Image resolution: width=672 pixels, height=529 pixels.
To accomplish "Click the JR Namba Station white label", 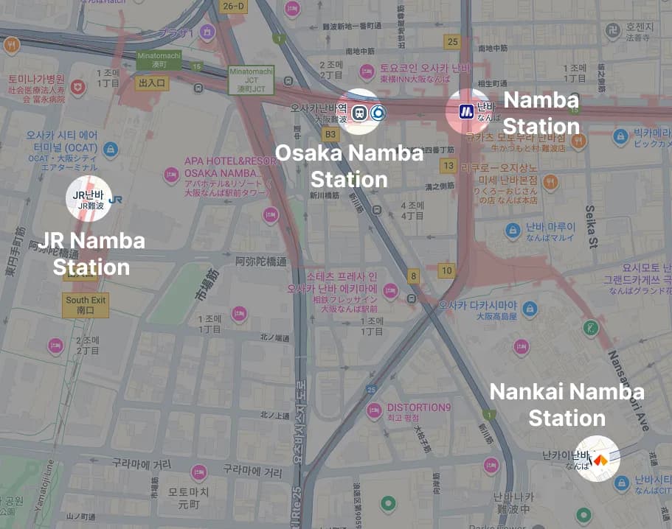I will [91, 253].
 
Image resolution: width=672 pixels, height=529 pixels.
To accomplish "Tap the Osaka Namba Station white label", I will [349, 167].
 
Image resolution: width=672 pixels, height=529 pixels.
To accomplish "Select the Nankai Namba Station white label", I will [567, 404].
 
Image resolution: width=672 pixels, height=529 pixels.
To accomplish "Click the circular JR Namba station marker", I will [89, 199].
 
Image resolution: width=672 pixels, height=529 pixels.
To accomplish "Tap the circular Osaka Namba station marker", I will [359, 111].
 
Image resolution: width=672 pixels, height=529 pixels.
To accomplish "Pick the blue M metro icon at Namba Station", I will [466, 111].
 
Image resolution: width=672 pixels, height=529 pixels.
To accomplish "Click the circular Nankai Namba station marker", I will [597, 458].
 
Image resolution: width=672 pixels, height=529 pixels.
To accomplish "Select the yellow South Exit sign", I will [86, 305].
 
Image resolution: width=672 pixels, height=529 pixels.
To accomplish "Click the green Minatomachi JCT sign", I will [251, 80].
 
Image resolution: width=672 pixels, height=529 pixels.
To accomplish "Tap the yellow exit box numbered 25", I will [452, 42].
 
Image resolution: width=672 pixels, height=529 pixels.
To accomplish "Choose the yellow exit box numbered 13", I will [448, 166].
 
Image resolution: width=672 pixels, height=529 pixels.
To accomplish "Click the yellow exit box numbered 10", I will [446, 270].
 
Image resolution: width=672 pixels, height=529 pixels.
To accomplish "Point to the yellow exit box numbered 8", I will [414, 276].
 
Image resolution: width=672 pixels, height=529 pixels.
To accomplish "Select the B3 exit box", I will [330, 134].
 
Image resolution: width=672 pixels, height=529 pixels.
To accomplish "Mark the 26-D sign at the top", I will [233, 7].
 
